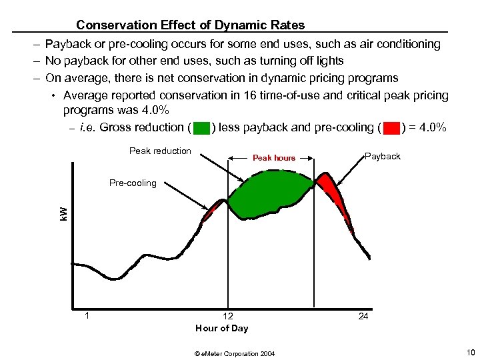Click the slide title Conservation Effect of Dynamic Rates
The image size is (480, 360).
(190, 25)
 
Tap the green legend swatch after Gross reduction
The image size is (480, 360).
(203, 128)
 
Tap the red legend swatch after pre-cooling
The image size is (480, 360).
(392, 128)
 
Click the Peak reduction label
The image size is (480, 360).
(160, 151)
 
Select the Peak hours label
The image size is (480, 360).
(273, 158)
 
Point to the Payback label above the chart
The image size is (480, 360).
(383, 156)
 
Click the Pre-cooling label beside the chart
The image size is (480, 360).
(133, 183)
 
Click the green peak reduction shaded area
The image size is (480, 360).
(270, 193)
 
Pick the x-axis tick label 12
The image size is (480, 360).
(228, 316)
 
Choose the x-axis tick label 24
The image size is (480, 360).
(363, 316)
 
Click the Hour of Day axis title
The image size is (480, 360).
(221, 328)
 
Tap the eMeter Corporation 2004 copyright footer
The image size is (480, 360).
(235, 353)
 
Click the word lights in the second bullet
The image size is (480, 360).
(329, 61)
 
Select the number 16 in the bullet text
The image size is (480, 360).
(239, 95)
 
